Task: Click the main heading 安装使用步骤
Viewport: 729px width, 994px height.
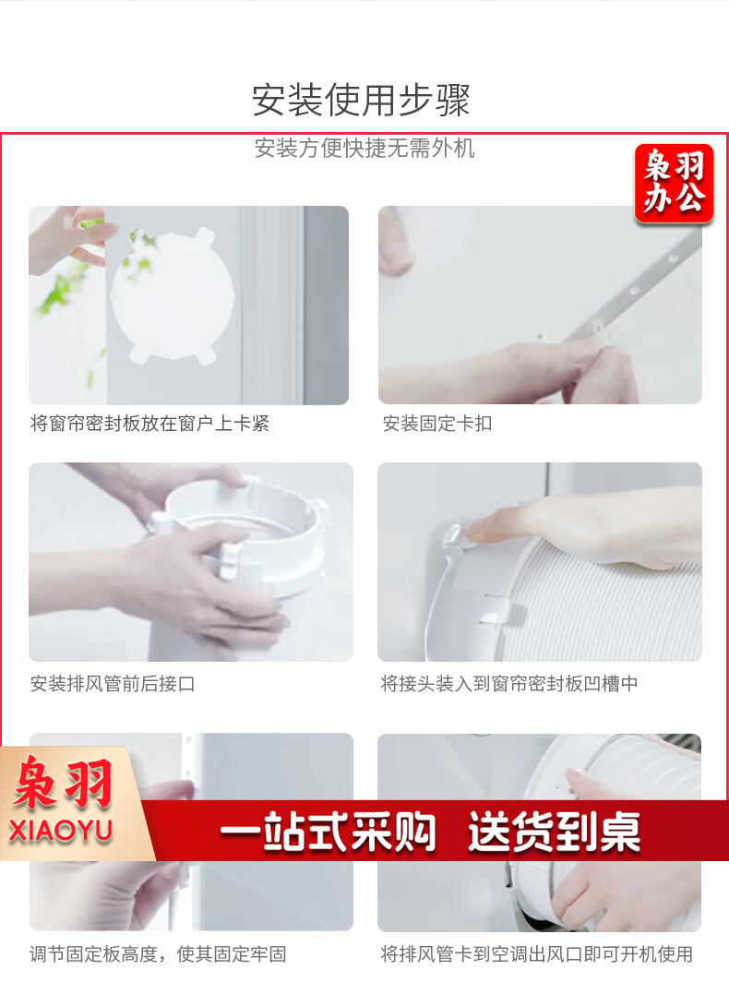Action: tap(361, 101)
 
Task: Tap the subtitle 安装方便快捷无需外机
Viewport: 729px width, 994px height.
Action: tap(364, 149)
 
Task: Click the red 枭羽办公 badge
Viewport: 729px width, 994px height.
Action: tap(674, 184)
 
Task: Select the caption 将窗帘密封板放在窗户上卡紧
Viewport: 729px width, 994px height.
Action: tap(149, 424)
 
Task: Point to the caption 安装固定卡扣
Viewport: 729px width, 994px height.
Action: tap(437, 424)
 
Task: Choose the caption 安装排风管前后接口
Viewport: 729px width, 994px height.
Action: tap(113, 683)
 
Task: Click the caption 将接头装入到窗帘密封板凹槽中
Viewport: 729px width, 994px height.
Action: tap(509, 683)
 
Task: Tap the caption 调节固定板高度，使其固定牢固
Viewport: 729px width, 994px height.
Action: tap(158, 954)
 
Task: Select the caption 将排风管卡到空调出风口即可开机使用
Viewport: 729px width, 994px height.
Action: tap(536, 954)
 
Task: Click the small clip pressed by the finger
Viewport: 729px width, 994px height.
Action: tap(455, 535)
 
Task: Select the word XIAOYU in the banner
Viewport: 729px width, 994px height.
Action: tap(61, 831)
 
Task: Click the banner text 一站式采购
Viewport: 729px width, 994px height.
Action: tap(328, 831)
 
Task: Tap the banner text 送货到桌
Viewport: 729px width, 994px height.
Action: tap(554, 831)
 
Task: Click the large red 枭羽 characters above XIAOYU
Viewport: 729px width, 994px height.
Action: tap(64, 784)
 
